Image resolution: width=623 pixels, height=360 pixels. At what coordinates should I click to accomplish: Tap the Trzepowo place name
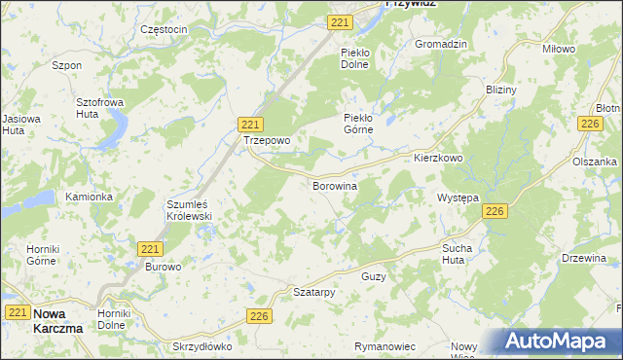(x=267, y=140)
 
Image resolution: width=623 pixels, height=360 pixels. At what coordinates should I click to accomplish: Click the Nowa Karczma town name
(x=57, y=321)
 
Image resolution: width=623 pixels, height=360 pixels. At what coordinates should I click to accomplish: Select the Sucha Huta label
(x=457, y=254)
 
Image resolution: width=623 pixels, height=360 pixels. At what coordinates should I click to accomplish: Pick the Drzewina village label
(x=584, y=259)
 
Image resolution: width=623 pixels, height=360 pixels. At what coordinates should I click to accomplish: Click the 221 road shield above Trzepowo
(x=250, y=124)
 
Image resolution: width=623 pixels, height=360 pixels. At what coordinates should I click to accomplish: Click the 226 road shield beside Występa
(x=495, y=211)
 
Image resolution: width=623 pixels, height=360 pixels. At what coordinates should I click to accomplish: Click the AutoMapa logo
(x=562, y=342)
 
